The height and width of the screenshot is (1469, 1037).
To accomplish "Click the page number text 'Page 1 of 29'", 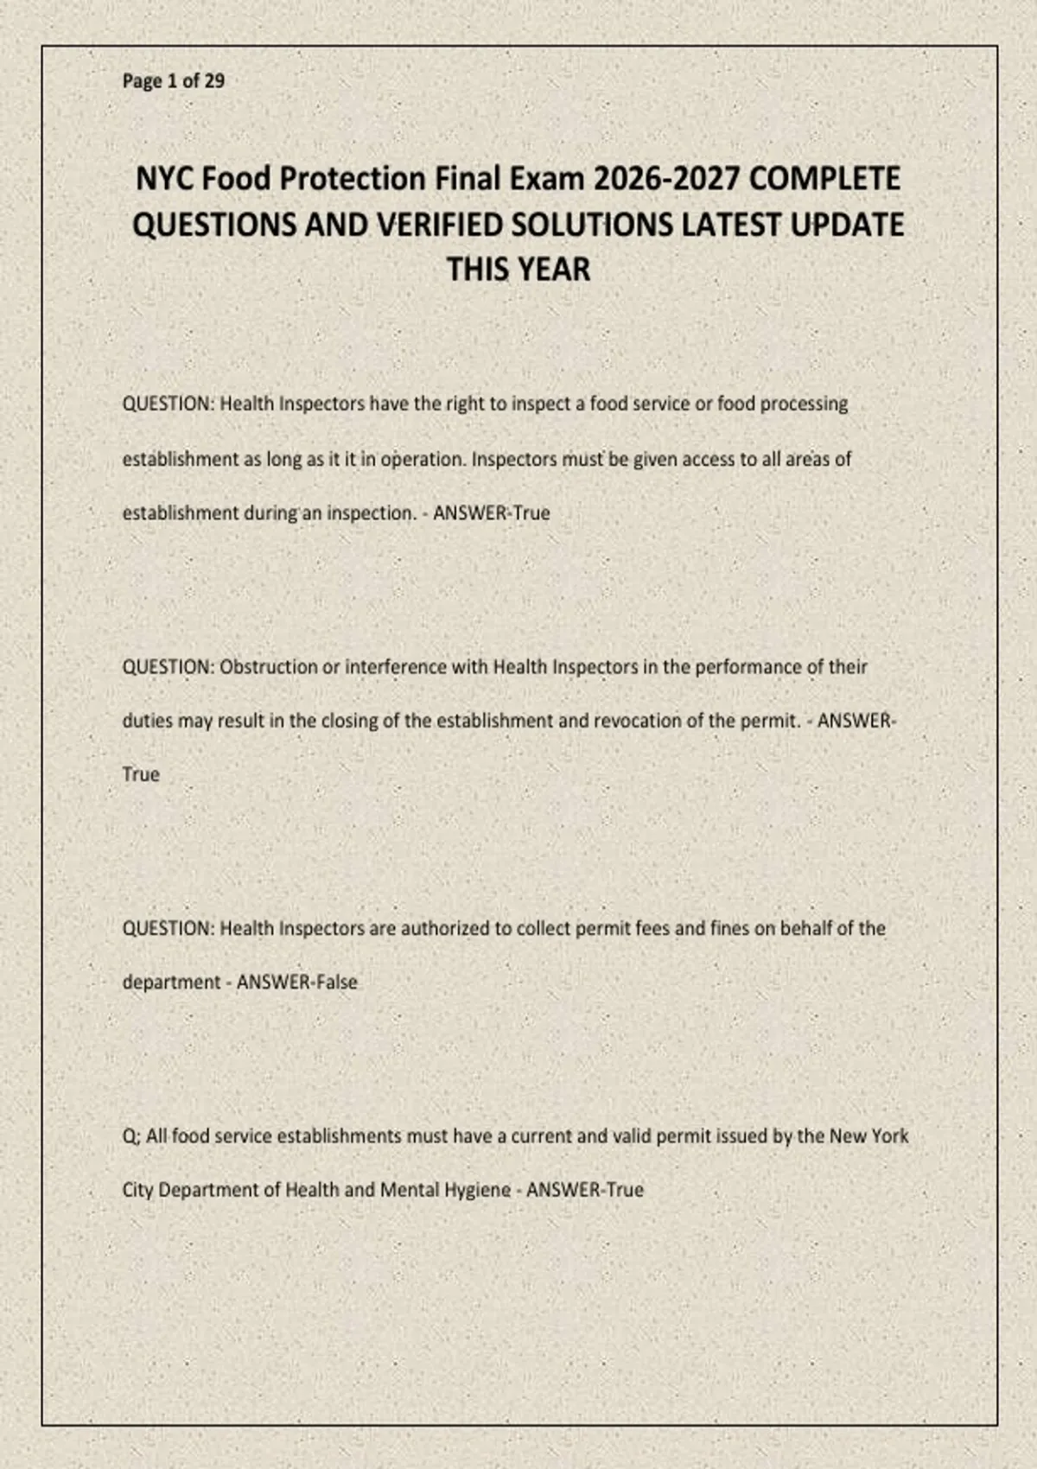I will (x=173, y=81).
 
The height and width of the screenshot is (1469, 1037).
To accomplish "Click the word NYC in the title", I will (x=165, y=179).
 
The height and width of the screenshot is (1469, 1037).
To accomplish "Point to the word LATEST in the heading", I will (x=732, y=225).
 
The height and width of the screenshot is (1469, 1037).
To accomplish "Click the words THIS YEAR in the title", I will (x=518, y=270).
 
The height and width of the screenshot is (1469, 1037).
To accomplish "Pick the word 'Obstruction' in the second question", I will (x=269, y=667).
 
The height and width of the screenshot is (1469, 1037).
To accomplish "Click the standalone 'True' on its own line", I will (x=141, y=774).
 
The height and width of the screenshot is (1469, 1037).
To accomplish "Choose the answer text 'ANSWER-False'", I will (x=296, y=983).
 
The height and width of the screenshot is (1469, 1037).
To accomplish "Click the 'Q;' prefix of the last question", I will (x=131, y=1136).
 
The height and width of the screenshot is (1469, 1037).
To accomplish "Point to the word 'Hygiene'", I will (x=477, y=1191).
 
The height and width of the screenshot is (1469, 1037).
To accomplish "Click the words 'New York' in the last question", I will (x=868, y=1136).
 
